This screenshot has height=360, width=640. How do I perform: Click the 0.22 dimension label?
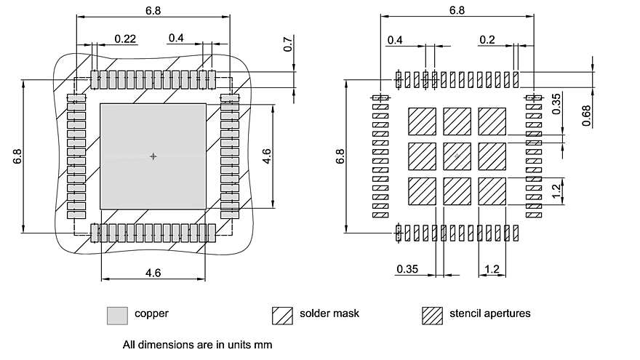[x=125, y=39]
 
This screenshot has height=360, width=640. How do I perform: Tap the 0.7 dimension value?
[x=288, y=44]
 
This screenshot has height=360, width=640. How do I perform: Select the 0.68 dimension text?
[x=586, y=116]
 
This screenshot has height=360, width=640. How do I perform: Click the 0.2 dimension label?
[x=487, y=39]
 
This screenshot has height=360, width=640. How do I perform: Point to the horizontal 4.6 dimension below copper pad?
[x=153, y=273]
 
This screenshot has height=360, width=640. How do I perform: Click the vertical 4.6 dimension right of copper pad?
[x=266, y=156]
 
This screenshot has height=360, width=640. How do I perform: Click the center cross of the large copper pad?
[x=153, y=156]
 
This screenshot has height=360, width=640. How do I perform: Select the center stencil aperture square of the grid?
[x=457, y=156]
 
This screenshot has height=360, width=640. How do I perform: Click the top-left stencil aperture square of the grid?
[x=422, y=121]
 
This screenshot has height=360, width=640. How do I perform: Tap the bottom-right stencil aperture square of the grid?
[x=492, y=191]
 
